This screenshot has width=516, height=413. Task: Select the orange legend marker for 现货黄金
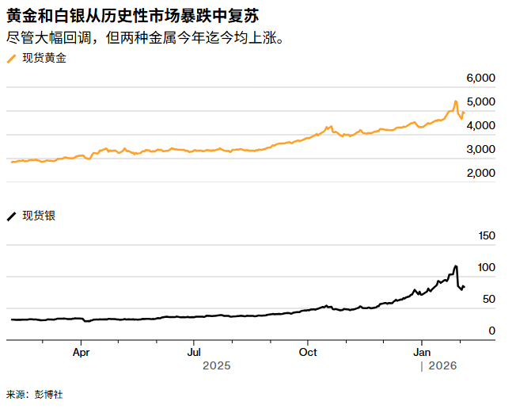(11, 59)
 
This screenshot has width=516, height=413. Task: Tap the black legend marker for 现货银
(11, 216)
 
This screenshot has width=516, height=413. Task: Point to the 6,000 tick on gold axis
(480, 78)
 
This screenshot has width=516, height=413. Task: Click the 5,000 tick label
(480, 101)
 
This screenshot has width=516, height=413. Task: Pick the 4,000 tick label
(480, 125)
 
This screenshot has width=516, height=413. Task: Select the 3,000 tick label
(480, 149)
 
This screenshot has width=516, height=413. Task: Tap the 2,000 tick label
(480, 173)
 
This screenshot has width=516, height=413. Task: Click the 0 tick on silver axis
(491, 331)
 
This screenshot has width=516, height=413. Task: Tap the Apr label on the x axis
(82, 351)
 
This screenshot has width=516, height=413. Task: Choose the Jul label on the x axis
(195, 351)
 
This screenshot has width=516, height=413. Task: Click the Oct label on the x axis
(309, 351)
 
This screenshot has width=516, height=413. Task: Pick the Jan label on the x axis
(423, 351)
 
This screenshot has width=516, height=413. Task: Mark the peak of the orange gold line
(456, 101)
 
